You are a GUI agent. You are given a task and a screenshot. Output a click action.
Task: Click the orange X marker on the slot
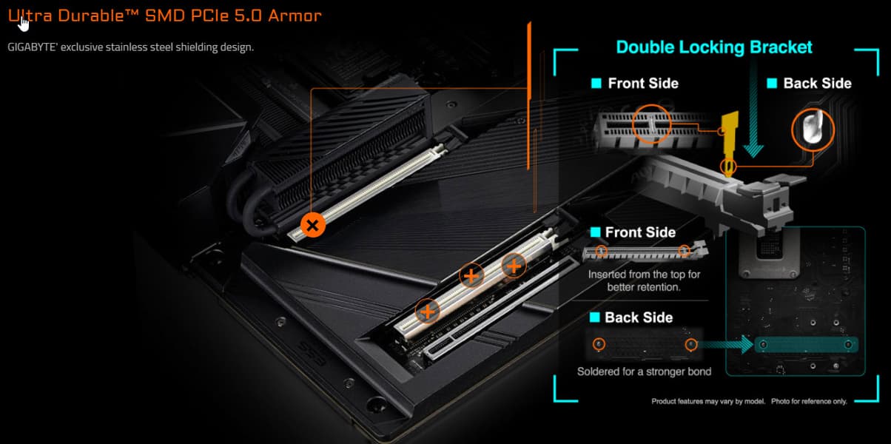click(312, 225)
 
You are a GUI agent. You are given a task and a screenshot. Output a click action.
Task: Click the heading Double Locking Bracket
click(714, 47)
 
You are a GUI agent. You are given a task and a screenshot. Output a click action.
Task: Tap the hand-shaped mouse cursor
click(24, 24)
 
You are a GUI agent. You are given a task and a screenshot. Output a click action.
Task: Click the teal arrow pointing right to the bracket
click(726, 344)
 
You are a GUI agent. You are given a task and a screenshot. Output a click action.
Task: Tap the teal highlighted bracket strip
click(807, 345)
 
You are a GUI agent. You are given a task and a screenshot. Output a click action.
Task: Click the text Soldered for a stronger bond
click(644, 371)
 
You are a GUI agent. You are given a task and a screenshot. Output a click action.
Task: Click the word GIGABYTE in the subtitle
click(32, 47)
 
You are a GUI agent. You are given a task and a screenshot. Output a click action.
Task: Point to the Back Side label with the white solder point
click(818, 83)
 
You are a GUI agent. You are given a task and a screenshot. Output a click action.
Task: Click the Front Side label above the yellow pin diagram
click(643, 83)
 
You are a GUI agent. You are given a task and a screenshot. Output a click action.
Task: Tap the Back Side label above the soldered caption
click(639, 317)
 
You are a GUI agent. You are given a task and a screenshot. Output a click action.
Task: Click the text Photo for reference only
click(809, 401)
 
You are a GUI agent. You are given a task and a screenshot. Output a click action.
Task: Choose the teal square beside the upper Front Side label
click(596, 83)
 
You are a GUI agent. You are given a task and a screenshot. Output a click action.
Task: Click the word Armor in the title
click(295, 16)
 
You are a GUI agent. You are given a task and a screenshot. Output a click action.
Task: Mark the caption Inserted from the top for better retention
click(644, 280)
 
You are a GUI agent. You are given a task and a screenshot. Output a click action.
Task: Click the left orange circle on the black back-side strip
click(599, 344)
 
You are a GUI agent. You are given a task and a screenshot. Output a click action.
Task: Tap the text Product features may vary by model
click(708, 401)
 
